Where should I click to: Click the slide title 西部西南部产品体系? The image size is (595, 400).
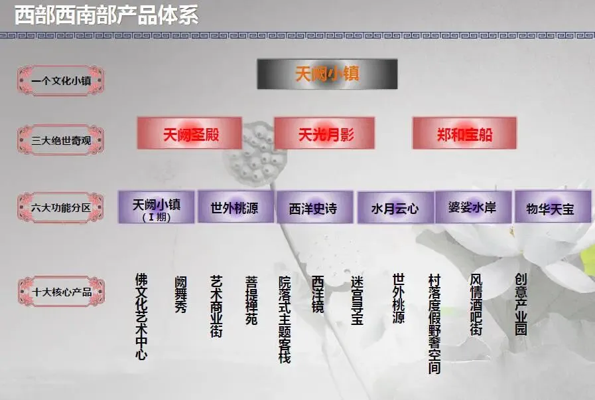click(107, 15)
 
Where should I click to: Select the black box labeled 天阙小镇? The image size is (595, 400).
click(327, 74)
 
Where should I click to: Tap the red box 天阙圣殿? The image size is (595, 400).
click(190, 134)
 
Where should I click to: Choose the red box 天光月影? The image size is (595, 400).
click(325, 134)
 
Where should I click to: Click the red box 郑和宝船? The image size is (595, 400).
click(464, 134)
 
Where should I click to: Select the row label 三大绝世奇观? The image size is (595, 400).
click(60, 140)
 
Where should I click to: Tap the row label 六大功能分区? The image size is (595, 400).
click(60, 207)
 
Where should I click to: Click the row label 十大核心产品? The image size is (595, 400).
click(60, 292)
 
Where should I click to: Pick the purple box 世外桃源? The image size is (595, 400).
click(234, 208)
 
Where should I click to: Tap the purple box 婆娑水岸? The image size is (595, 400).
click(472, 208)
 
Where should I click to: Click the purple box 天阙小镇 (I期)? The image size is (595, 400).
click(157, 207)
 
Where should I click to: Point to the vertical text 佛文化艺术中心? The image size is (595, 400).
click(141, 316)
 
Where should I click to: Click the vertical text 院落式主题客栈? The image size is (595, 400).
click(285, 320)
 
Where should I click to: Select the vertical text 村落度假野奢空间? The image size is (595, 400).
click(434, 324)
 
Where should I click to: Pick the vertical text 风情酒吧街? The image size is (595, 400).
click(476, 304)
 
